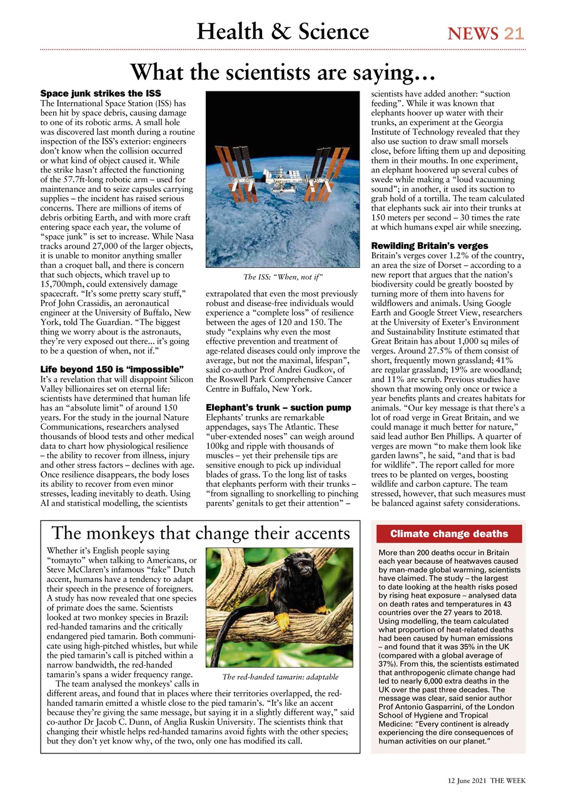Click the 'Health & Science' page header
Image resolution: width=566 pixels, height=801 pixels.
pos(283,31)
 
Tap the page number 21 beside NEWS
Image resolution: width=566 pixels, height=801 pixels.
pos(513,33)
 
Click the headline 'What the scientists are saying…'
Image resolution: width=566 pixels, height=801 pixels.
pos(283,72)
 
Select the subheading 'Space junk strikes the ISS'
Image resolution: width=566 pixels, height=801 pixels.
pos(101,93)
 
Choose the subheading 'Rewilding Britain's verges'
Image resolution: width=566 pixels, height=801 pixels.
pos(430,246)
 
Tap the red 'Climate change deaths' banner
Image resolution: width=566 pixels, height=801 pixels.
pos(449,534)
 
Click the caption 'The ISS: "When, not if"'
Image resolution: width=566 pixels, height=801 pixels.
pos(283,276)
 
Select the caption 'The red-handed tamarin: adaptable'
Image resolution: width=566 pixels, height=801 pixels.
pos(280,677)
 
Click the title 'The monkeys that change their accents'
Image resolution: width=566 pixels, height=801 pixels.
pos(200,533)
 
